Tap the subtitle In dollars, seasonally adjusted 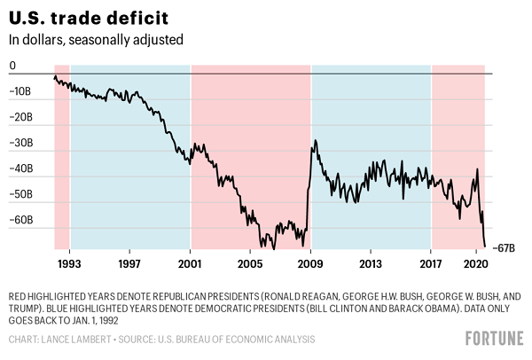[96, 40]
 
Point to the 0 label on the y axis [12, 66]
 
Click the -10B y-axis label [20, 91]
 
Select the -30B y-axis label [20, 143]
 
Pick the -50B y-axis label [20, 194]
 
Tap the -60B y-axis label [20, 220]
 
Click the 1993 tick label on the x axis [70, 263]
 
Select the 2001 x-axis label [191, 263]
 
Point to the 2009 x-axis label [311, 263]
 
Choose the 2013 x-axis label [371, 263]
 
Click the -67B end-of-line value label [505, 247]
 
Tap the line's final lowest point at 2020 [485, 247]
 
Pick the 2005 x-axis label [250, 263]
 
